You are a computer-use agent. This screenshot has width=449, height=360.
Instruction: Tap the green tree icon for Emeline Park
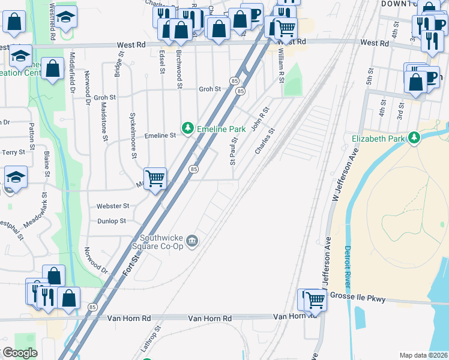(188, 128)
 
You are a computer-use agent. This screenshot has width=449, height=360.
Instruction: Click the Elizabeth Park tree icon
(414, 138)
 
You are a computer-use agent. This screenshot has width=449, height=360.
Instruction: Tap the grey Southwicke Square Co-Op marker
(191, 241)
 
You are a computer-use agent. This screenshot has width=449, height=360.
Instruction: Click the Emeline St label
(160, 136)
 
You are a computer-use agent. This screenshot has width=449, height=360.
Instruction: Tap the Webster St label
(113, 206)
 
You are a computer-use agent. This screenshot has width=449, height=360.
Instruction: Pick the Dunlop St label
(112, 221)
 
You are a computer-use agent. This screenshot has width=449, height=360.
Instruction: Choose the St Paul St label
(232, 151)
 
